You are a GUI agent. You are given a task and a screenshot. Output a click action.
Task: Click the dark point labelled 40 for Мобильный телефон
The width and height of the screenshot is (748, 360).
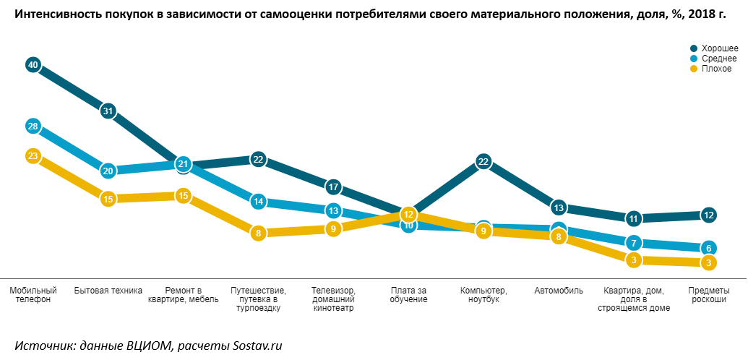tap(33, 65)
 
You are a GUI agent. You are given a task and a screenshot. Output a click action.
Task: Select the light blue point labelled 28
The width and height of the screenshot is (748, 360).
tap(33, 126)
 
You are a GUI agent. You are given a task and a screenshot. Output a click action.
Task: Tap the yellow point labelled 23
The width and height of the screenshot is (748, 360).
tap(33, 155)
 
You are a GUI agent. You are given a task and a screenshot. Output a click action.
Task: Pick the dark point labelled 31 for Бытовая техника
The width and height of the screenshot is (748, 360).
tap(108, 111)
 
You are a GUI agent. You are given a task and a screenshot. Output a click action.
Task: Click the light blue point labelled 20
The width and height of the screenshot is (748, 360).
tap(108, 171)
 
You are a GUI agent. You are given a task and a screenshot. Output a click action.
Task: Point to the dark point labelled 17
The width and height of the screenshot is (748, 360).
tap(333, 187)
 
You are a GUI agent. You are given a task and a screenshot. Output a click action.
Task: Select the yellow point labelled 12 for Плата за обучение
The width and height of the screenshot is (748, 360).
tap(408, 214)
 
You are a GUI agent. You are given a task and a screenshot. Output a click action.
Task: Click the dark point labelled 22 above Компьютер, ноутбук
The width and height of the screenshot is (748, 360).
tap(483, 162)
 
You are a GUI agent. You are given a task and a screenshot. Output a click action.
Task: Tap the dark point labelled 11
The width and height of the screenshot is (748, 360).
tap(634, 218)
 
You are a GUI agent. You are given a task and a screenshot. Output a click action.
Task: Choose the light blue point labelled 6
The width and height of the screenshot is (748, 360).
tap(709, 247)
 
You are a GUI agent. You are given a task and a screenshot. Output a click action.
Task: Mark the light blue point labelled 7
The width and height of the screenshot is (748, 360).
tap(634, 243)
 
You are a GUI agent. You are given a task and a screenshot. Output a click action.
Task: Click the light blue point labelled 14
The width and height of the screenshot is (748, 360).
tap(258, 202)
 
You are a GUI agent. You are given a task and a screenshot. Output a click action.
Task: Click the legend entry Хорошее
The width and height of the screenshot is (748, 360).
tap(714, 48)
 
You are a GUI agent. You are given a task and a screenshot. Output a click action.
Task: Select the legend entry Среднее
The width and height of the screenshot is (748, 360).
tap(714, 59)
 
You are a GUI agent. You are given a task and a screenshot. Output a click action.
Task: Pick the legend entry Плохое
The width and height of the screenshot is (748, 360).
tap(712, 69)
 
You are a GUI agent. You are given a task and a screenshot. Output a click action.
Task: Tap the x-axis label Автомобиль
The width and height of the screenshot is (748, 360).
tap(559, 291)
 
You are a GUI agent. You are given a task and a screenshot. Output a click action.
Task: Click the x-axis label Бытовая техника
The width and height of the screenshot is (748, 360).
tap(108, 291)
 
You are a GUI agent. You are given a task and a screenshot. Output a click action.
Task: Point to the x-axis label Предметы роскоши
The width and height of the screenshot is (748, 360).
tap(709, 295)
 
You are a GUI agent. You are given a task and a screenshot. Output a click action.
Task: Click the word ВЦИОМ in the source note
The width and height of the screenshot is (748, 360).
tap(150, 346)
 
